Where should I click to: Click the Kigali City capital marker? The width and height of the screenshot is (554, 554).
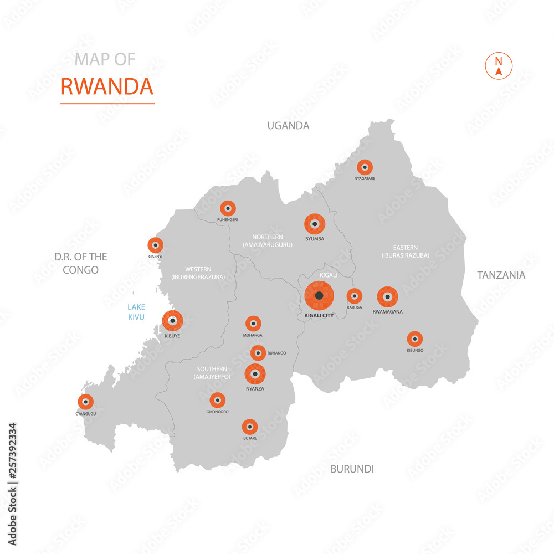pos(319,296)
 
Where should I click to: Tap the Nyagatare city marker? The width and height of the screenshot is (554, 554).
pos(365,167)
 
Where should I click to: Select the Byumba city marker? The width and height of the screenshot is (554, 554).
pos(315,224)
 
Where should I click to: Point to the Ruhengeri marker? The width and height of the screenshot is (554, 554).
pos(228,208)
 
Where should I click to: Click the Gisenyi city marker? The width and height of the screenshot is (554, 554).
pos(155,245)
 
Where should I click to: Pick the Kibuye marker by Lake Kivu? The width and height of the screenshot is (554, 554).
pos(172,320)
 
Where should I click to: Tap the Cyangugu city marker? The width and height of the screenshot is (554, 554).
pos(85,402)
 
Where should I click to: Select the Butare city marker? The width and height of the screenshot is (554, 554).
pos(250,427)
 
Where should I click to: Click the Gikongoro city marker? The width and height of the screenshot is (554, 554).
pos(217,400)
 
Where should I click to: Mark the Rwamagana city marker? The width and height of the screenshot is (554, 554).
pos(387,297)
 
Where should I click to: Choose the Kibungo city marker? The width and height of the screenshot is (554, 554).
pos(414,338)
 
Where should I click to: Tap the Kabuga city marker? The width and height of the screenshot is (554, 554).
pos(354,296)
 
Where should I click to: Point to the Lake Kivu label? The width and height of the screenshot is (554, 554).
pos(136,312)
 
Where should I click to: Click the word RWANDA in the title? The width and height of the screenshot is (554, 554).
pos(107,86)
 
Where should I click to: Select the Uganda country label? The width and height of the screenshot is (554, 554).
pos(288,126)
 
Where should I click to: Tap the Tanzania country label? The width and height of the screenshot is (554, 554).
pos(501,275)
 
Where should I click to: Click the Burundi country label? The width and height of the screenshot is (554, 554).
pos(352,469)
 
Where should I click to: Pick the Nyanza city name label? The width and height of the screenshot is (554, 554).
pos(255,389)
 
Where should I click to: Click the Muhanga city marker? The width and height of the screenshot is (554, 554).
pos(253,324)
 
